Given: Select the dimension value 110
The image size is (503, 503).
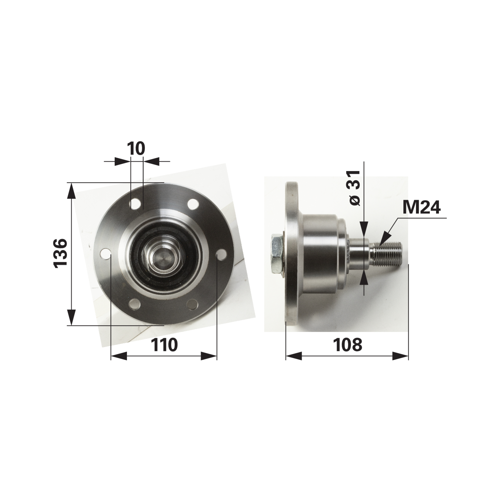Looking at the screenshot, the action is pos(164,345).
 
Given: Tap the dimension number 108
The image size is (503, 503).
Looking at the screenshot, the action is pos(348,345).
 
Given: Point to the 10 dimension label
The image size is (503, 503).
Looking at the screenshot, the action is pos(136,149).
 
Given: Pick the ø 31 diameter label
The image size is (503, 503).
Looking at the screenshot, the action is pos(354,188).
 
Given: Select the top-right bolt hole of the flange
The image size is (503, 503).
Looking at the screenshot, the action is pos(193,204).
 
